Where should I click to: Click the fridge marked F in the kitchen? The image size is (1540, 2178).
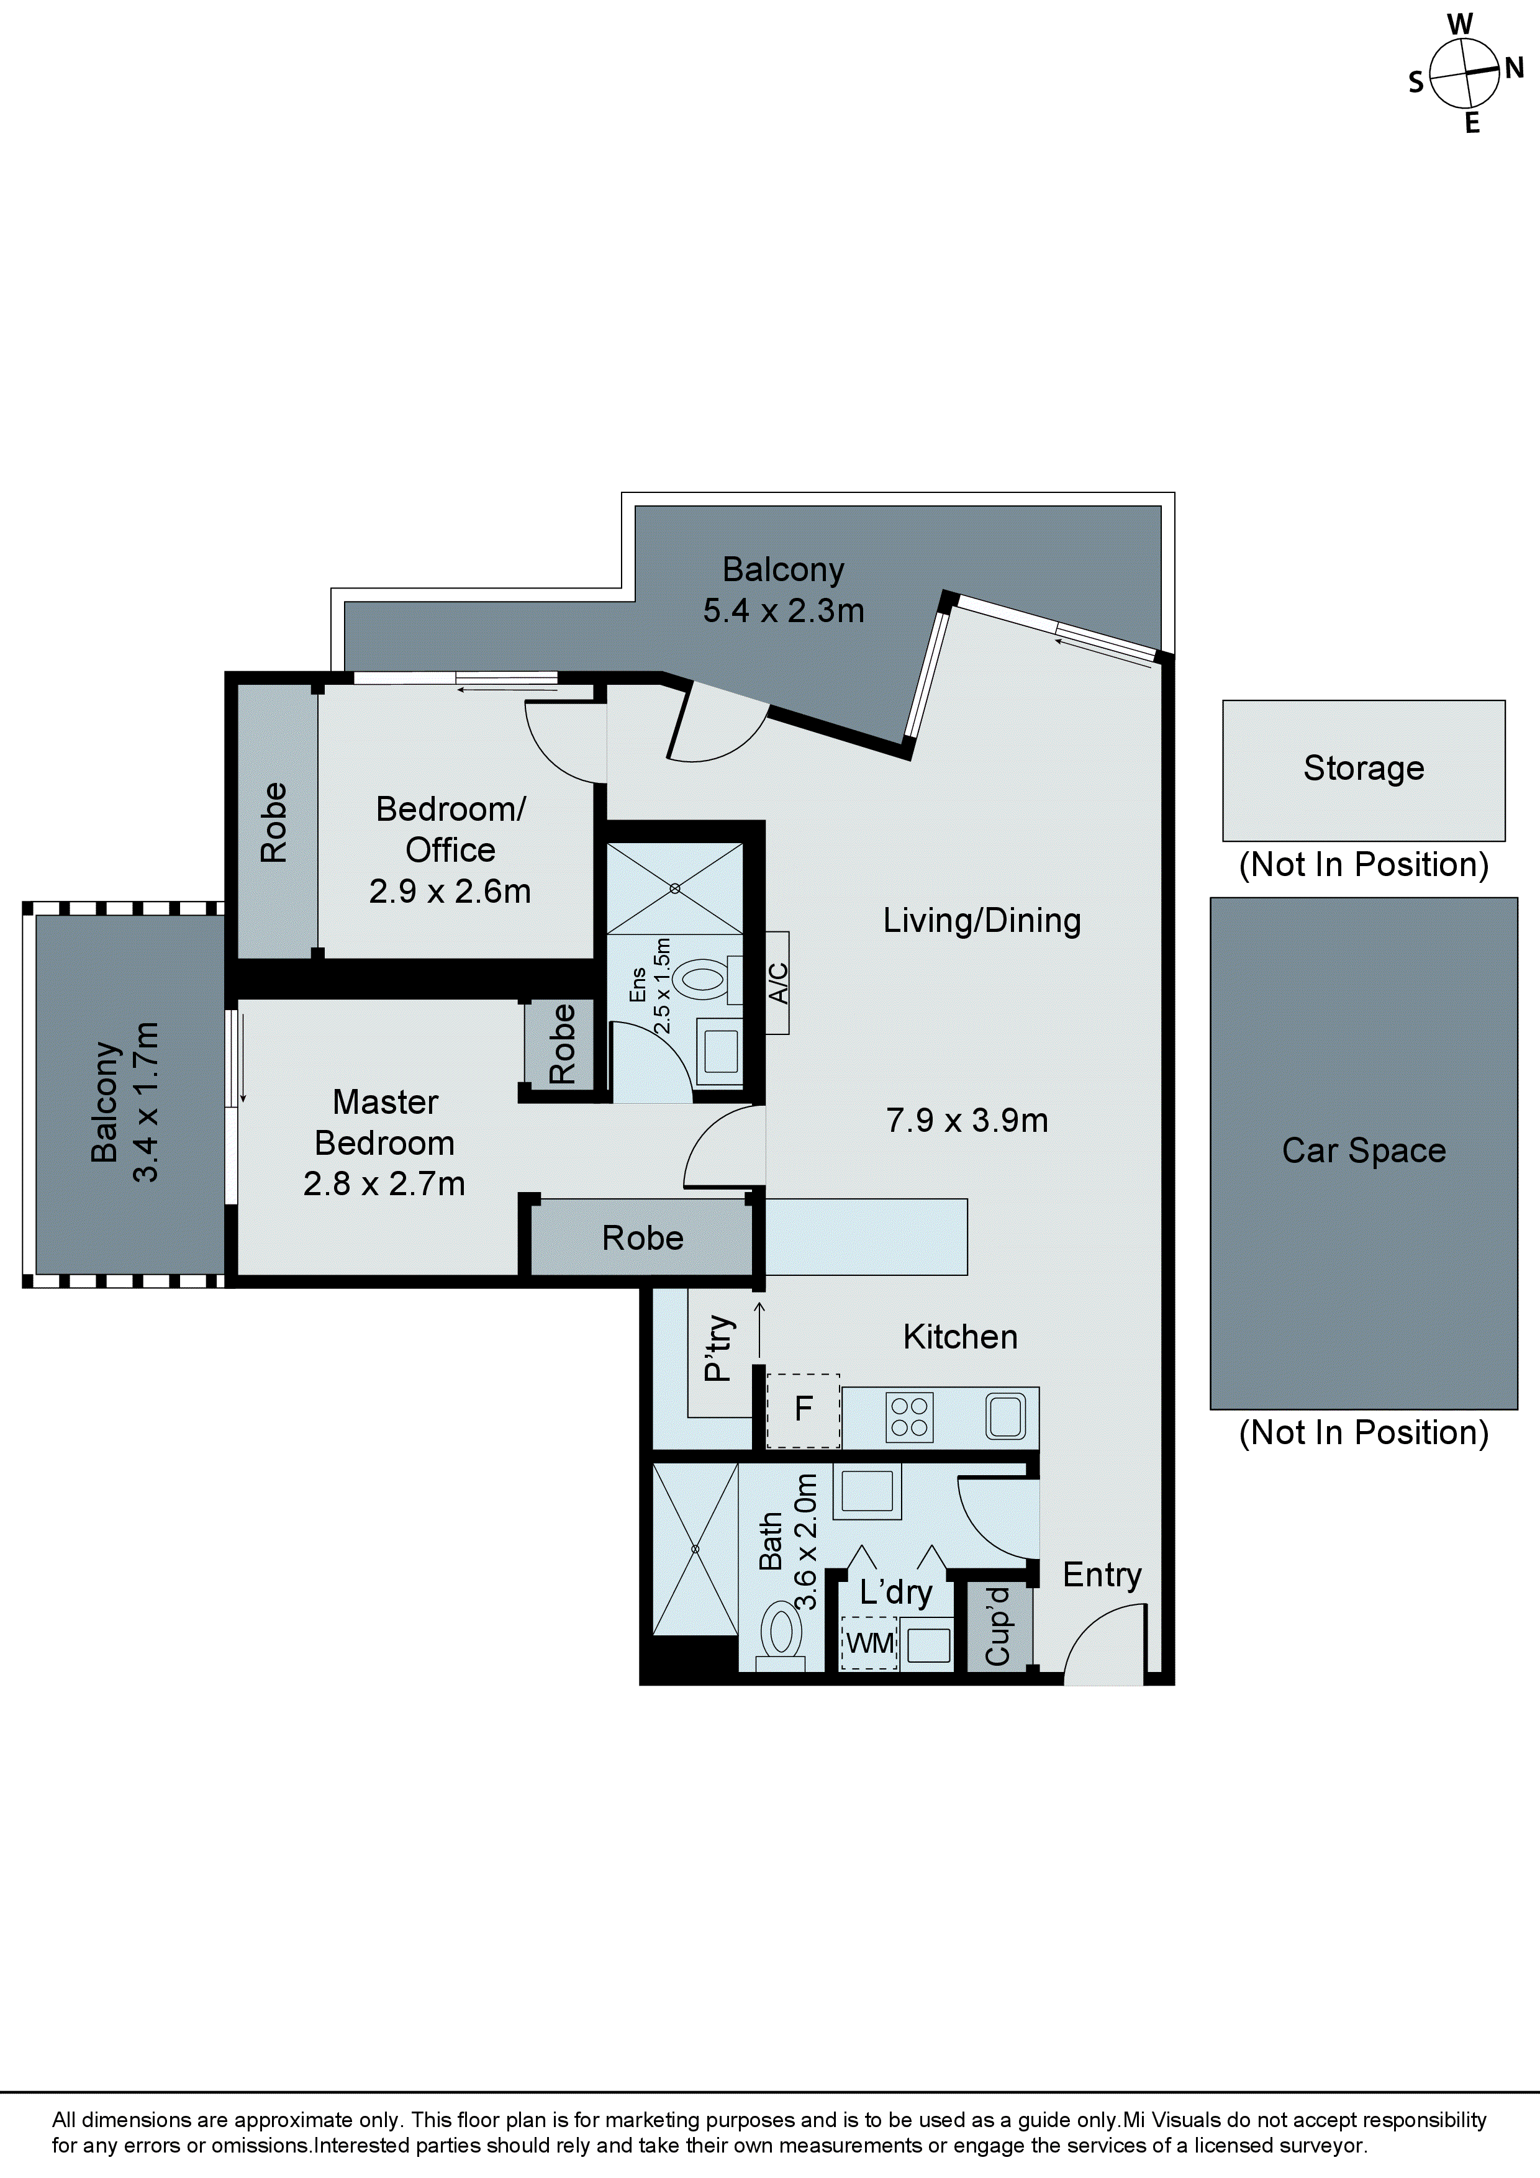click(803, 1409)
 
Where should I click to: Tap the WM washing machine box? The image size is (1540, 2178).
click(869, 1642)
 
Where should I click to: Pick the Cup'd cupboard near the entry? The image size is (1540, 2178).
click(997, 1626)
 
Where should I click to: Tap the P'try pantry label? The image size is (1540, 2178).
click(718, 1348)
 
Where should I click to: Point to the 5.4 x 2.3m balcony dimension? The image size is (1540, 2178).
click(783, 611)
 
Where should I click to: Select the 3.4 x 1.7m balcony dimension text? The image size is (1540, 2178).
click(145, 1101)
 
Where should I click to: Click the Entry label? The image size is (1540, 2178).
click(1101, 1575)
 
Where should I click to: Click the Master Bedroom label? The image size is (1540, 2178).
click(384, 1122)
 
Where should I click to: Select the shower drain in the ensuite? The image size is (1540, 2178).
click(674, 889)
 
